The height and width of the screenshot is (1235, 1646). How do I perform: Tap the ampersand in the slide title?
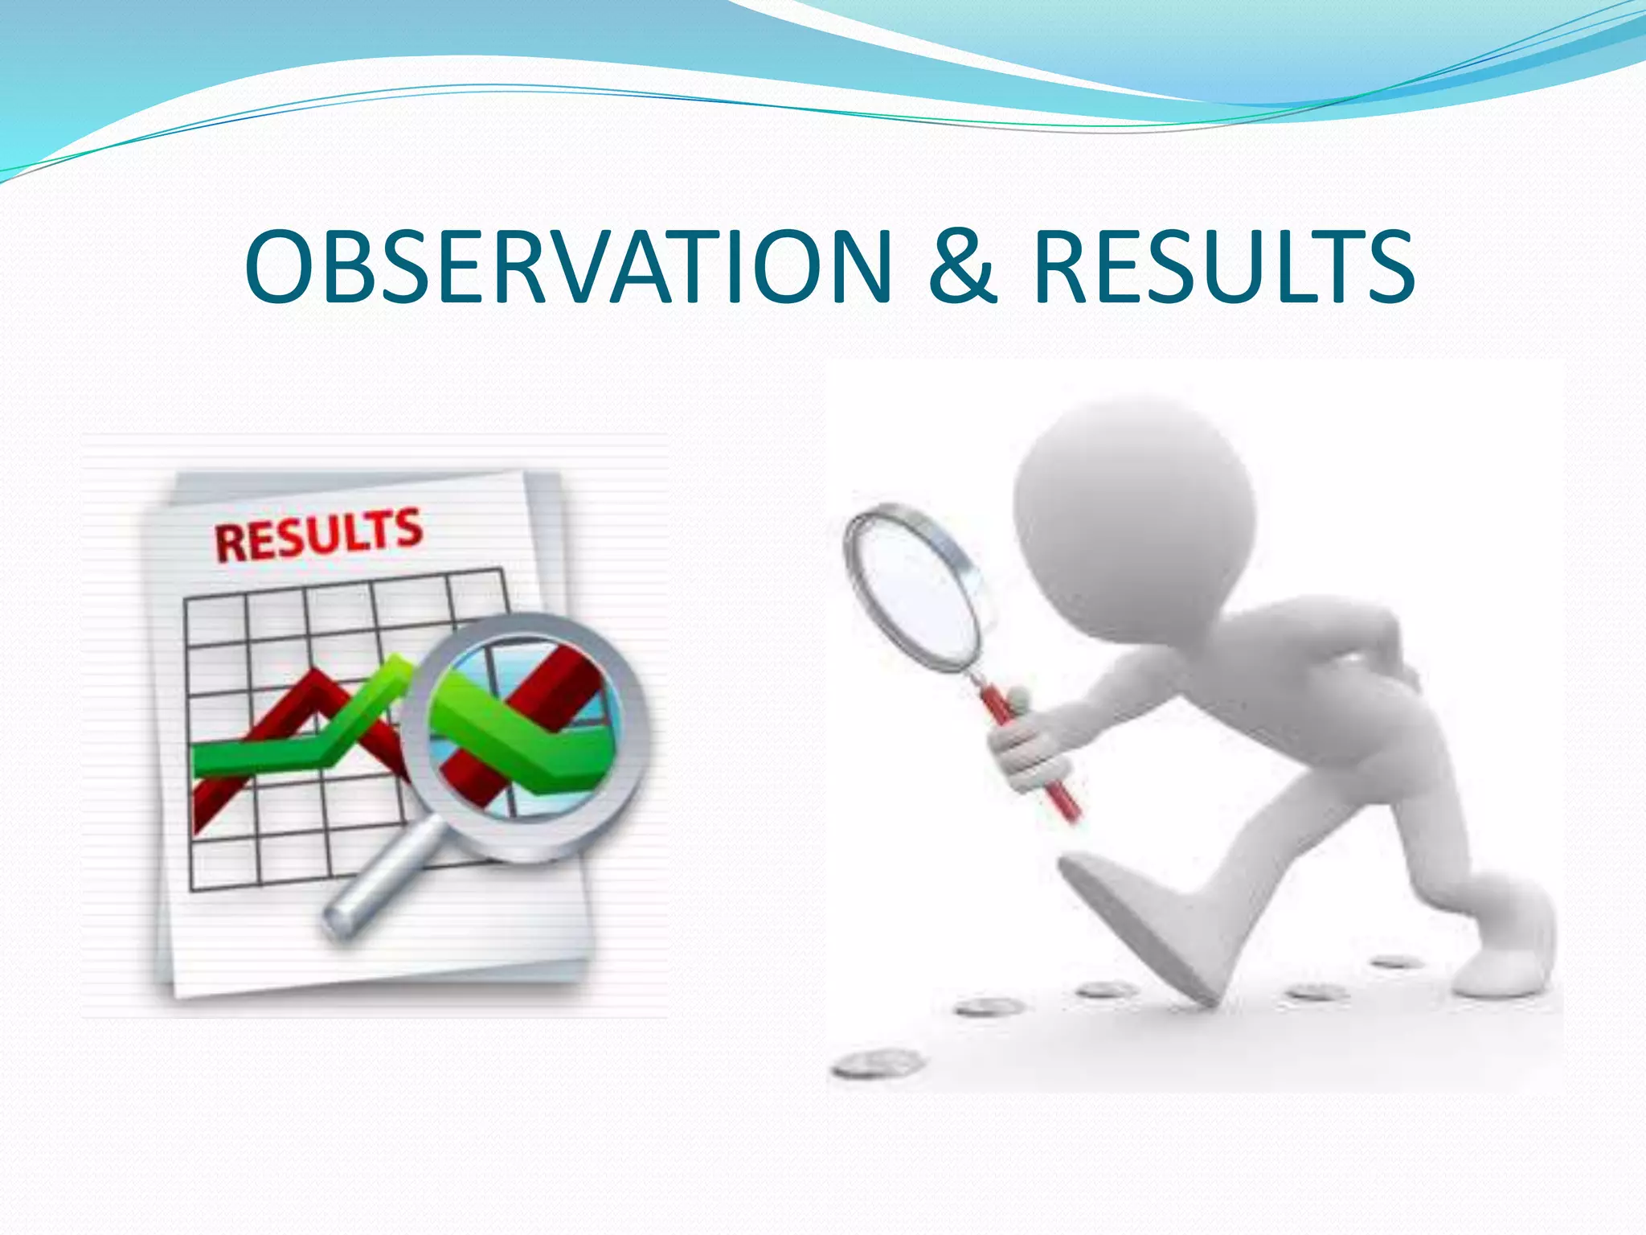tap(962, 267)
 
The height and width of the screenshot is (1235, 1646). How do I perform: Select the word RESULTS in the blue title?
tap(1222, 267)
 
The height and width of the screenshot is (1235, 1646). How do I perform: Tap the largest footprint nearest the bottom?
tap(876, 1065)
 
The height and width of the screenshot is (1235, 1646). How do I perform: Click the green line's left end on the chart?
tap(205, 760)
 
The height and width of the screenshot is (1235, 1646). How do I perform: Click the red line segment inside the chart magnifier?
tap(563, 683)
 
